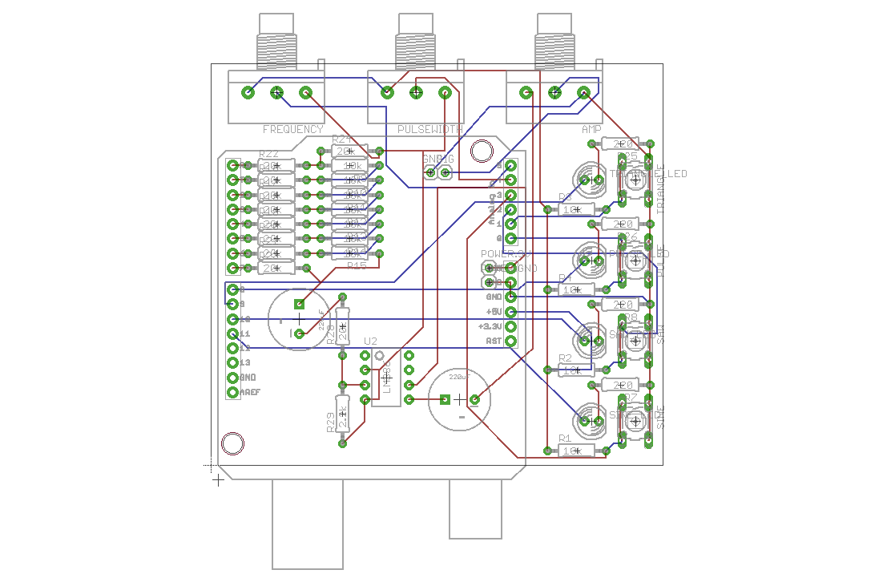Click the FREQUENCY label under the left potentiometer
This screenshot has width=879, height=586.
click(292, 129)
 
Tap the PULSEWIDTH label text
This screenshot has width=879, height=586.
click(429, 129)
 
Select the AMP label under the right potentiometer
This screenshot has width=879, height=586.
click(591, 129)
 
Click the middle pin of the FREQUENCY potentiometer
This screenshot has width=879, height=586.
click(277, 93)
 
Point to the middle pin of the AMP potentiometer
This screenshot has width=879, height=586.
click(554, 93)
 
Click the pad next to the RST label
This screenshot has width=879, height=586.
click(511, 341)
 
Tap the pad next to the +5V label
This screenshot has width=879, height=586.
click(511, 312)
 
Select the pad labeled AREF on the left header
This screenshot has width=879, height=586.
click(233, 392)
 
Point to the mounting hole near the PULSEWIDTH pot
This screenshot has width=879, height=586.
click(482, 151)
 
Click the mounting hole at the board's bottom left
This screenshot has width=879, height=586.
click(232, 443)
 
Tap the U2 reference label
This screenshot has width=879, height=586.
click(369, 341)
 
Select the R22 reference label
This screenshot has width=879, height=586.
click(268, 155)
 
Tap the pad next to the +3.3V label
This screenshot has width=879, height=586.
click(511, 326)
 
